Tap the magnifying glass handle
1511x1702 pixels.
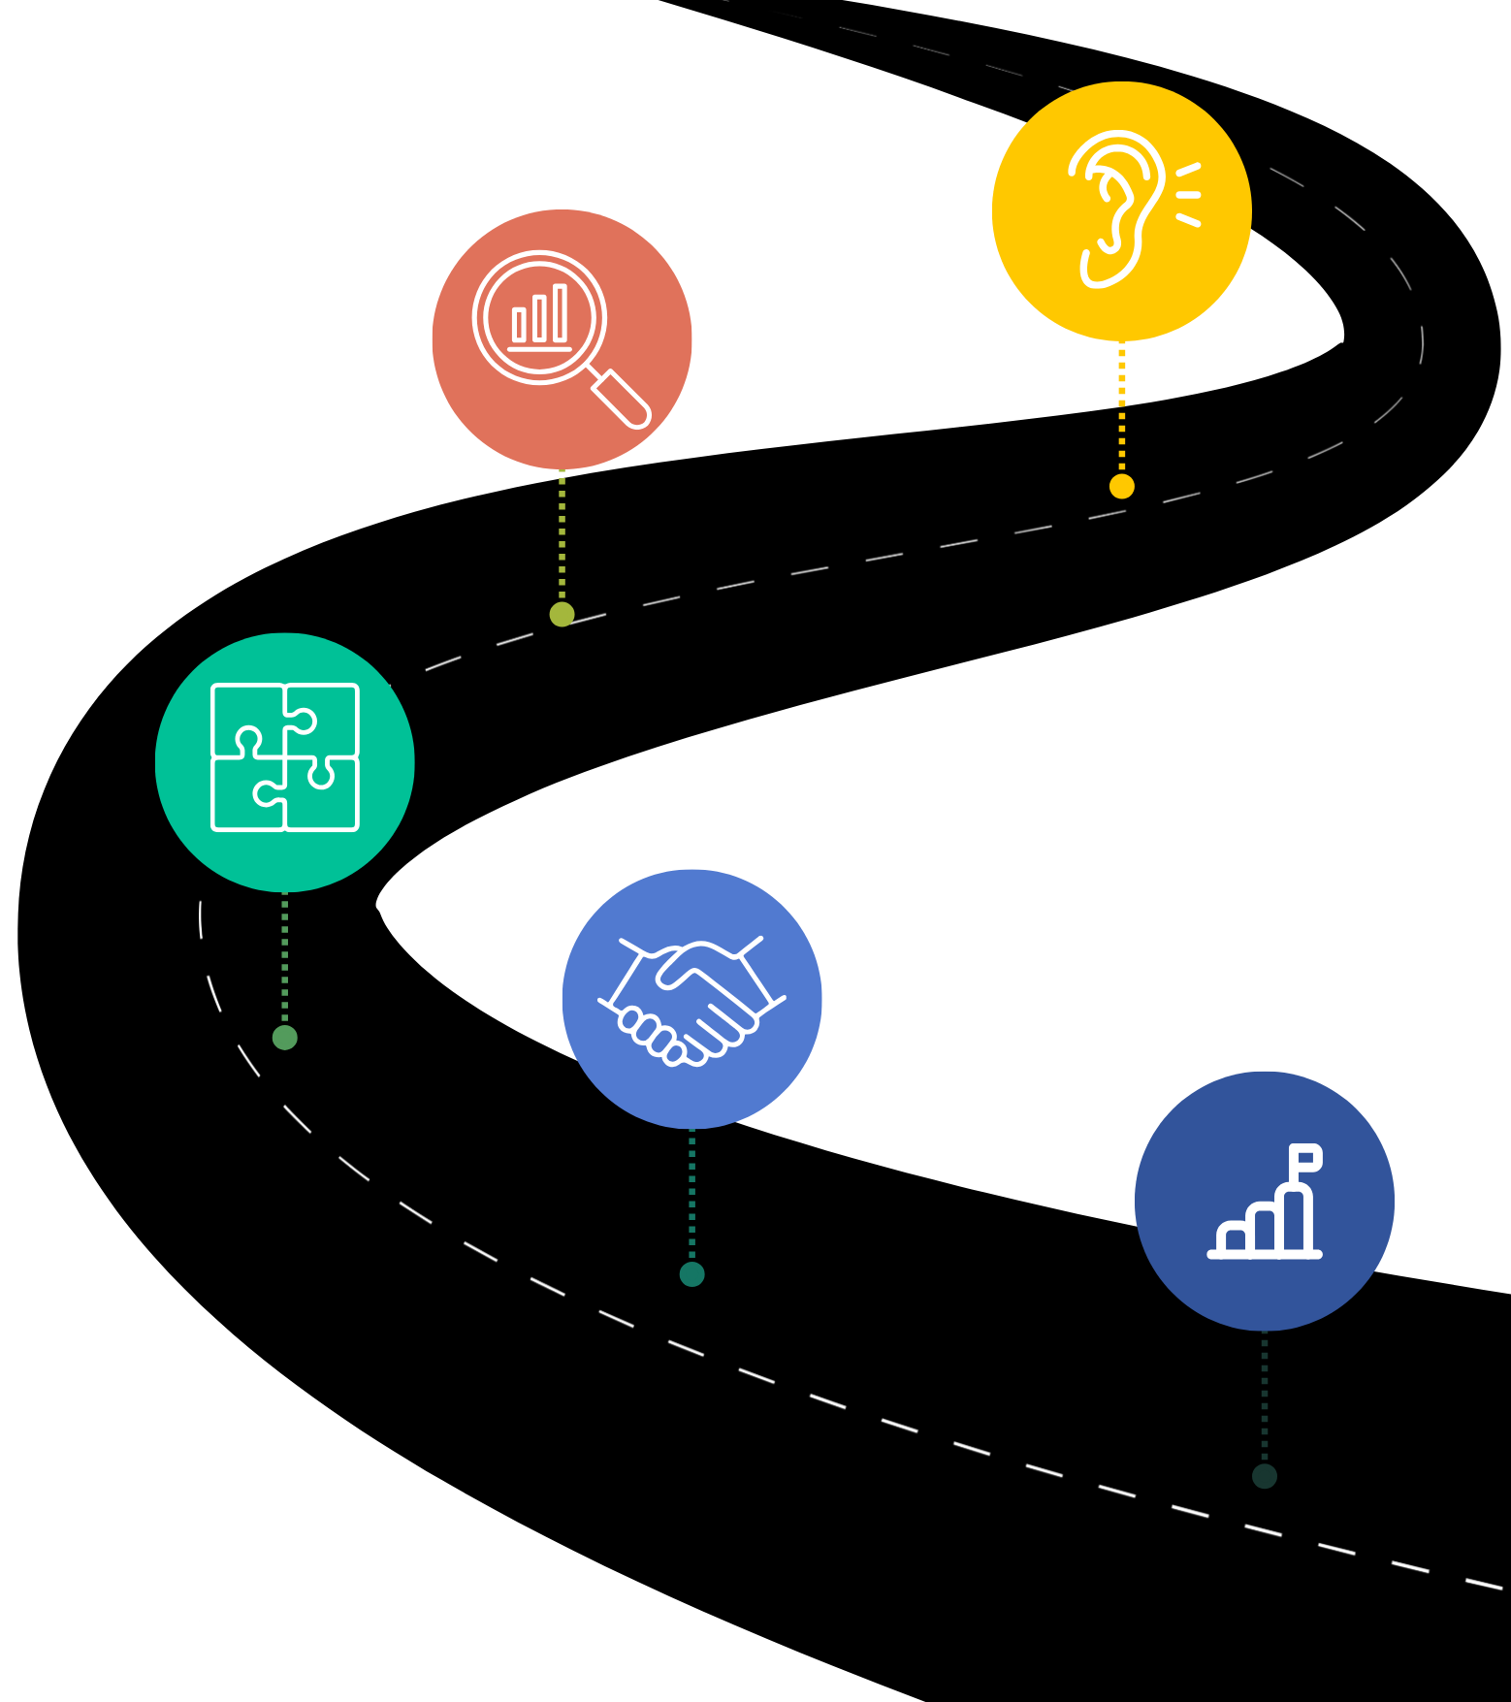coord(621,399)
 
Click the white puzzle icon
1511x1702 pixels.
coord(285,757)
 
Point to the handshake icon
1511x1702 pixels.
coord(691,1000)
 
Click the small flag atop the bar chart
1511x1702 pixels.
coord(1306,1157)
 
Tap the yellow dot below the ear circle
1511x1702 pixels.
coord(1122,486)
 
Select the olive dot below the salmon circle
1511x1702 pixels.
coord(562,614)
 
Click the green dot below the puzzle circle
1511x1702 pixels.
coord(285,1038)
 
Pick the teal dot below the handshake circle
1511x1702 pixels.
coord(691,1274)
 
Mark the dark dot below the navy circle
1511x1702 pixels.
coord(1265,1476)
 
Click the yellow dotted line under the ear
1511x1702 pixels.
coord(1122,407)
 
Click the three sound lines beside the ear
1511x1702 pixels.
coord(1189,195)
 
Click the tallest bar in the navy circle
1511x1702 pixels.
coord(1296,1218)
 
